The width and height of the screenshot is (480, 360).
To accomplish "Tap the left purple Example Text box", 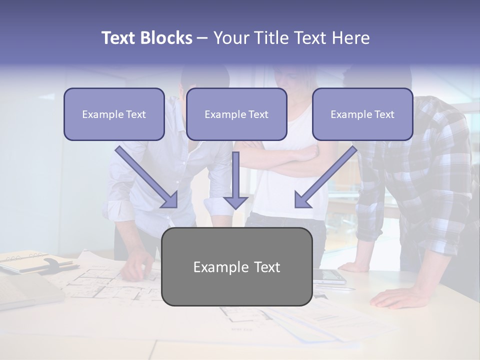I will pyautogui.click(x=114, y=114).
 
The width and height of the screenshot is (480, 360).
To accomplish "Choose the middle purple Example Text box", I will pyautogui.click(x=236, y=114).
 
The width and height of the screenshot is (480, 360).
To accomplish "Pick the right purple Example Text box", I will pyautogui.click(x=362, y=114).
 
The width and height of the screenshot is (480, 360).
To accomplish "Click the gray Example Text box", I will pyautogui.click(x=236, y=266).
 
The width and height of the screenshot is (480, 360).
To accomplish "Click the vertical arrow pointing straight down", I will pyautogui.click(x=235, y=180).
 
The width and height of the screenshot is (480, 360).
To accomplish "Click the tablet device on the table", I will pyautogui.click(x=329, y=276).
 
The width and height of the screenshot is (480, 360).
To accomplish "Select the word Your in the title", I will pyautogui.click(x=230, y=38).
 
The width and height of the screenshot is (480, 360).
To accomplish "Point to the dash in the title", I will pyautogui.click(x=202, y=38).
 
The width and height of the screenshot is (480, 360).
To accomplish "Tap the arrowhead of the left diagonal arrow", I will pyautogui.click(x=170, y=200).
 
